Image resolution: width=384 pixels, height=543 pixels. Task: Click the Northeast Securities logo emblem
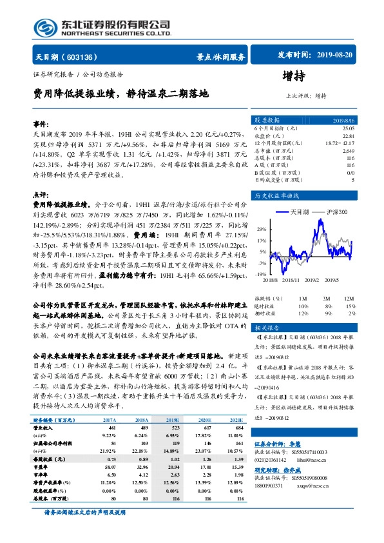coord(45,26)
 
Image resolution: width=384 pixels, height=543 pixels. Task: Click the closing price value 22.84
coord(349,136)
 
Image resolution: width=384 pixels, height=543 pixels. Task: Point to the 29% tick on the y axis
coord(261,229)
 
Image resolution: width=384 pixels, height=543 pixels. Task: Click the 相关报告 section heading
coord(265,327)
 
